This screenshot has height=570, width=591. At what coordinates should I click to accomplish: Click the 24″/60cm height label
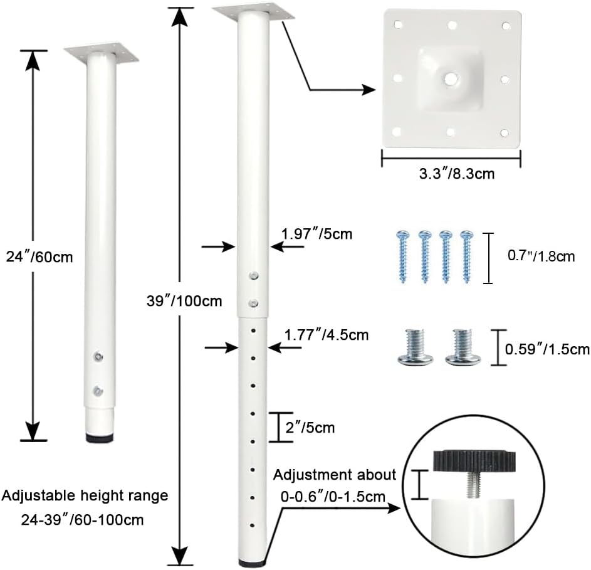pos(39,257)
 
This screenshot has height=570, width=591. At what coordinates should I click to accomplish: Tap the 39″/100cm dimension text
pos(184,300)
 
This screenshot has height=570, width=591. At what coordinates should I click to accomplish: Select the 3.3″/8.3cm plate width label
pos(456,174)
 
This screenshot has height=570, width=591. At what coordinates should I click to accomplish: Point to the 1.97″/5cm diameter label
pos(316,234)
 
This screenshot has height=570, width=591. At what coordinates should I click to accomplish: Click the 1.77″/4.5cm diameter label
pos(327,335)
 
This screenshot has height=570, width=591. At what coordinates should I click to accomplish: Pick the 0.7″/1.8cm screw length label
pos(541,256)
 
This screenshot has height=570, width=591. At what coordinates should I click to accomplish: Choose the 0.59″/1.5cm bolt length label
pos(547,349)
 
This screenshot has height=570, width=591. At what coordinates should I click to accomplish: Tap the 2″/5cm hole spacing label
pos(310,428)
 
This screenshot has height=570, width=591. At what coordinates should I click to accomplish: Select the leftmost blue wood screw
pos(402,257)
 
